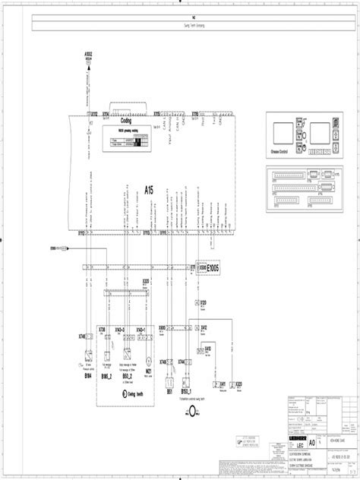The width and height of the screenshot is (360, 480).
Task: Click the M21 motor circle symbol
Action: click(x=150, y=363)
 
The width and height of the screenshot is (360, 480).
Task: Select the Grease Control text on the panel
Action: click(x=279, y=151)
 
